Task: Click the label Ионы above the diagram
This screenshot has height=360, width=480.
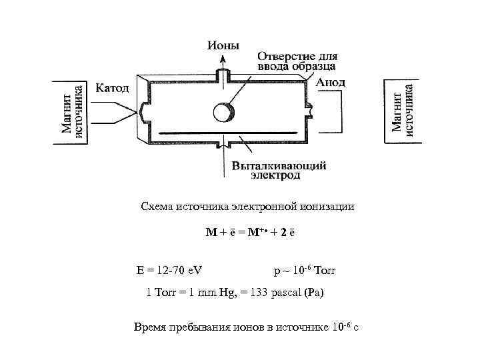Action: (x=224, y=45)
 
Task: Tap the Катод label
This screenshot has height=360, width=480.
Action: (x=114, y=87)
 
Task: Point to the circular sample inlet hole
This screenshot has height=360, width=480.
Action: (x=222, y=111)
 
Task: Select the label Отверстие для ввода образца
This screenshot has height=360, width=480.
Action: (x=296, y=61)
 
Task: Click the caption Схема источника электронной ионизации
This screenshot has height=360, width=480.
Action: (x=247, y=207)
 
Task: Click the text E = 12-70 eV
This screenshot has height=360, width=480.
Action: (x=169, y=271)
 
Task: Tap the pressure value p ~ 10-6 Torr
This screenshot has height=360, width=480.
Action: (x=304, y=271)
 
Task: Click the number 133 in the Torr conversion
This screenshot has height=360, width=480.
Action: (x=258, y=293)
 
